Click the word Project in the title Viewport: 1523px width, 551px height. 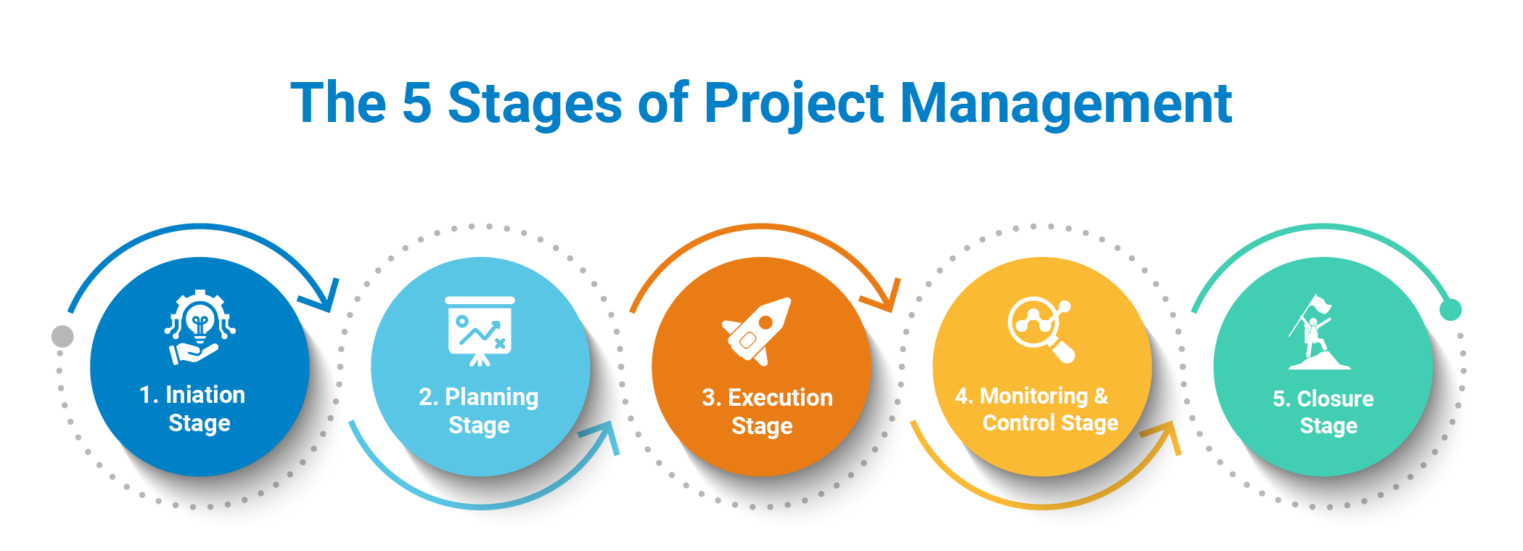[x=794, y=104]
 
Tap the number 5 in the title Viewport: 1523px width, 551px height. [x=416, y=103]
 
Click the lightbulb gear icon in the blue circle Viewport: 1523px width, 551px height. [x=200, y=327]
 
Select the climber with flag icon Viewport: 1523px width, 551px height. [x=1315, y=332]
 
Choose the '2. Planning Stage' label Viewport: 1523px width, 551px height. [x=479, y=411]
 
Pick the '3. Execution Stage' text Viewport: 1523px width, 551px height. [x=766, y=412]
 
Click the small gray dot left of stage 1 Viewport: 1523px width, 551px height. [x=62, y=336]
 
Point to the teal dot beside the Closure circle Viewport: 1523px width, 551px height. [x=1450, y=310]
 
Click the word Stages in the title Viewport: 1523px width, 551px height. [x=535, y=103]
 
